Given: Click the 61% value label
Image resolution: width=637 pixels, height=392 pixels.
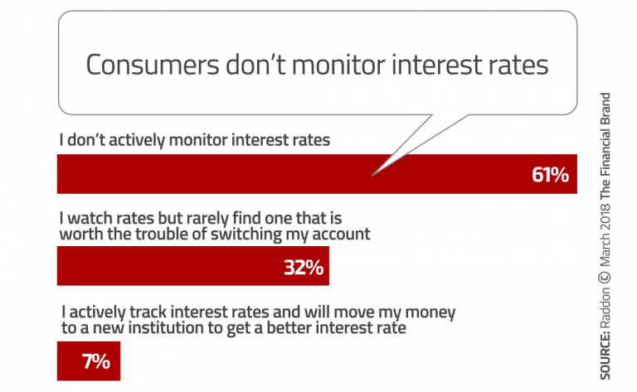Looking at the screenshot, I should click(x=549, y=175).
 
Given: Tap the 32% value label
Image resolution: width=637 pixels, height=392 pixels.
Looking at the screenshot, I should click(x=302, y=269).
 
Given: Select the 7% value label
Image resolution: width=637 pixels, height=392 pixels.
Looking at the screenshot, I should click(x=95, y=361).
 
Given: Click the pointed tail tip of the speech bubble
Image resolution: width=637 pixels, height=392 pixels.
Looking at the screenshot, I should click(x=373, y=174).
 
